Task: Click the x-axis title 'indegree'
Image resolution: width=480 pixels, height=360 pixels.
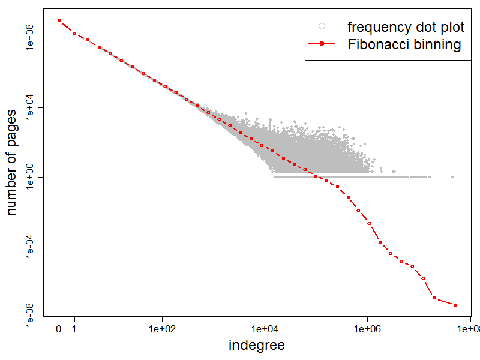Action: [x=257, y=345]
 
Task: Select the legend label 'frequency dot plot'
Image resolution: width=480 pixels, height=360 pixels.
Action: [x=406, y=27]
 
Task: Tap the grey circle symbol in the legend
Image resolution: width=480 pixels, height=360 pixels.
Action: [x=322, y=26]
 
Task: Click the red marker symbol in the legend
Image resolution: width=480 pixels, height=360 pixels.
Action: [x=322, y=44]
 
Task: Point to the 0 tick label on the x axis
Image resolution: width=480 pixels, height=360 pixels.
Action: [x=59, y=329]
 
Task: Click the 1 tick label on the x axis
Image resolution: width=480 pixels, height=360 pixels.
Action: [x=74, y=329]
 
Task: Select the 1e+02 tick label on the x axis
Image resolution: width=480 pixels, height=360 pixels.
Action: [x=162, y=329]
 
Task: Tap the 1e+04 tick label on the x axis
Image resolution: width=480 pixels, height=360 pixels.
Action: [x=265, y=329]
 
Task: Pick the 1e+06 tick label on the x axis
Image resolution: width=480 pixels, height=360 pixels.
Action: [x=367, y=329]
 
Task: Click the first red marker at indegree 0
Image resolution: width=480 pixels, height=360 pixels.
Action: [x=59, y=20]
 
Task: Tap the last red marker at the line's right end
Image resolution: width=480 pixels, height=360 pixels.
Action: [x=456, y=305]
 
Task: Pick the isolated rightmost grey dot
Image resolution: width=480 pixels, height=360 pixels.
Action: [x=452, y=177]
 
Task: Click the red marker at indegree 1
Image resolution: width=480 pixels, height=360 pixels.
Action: [x=74, y=33]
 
